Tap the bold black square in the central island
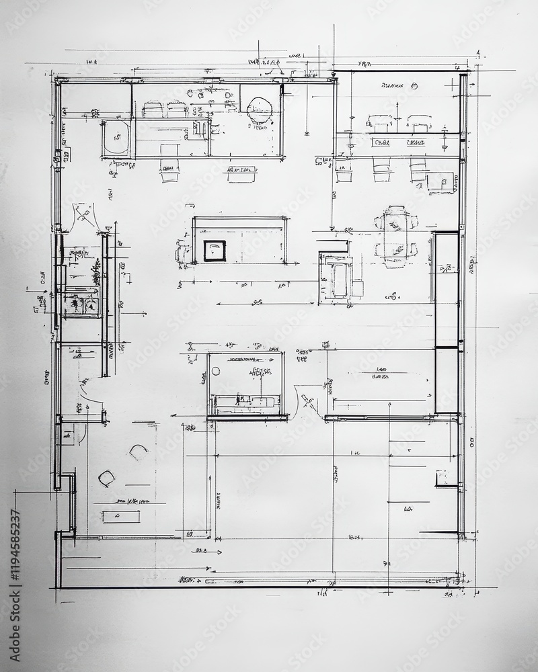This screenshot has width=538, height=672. click(215, 251)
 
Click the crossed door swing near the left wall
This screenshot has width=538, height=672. click(85, 215)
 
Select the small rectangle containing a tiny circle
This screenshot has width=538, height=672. click(121, 516)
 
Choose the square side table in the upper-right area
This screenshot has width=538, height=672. click(440, 181)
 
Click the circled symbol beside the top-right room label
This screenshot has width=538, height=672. click(414, 85)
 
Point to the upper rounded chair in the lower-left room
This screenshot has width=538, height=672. click(139, 452)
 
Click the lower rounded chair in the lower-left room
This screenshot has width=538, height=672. click(107, 478)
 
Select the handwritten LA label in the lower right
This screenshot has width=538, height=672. click(408, 509)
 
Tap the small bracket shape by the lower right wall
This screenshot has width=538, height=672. click(444, 478)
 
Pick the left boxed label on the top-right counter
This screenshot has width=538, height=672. click(381, 142)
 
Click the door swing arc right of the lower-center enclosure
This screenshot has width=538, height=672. click(307, 398)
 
